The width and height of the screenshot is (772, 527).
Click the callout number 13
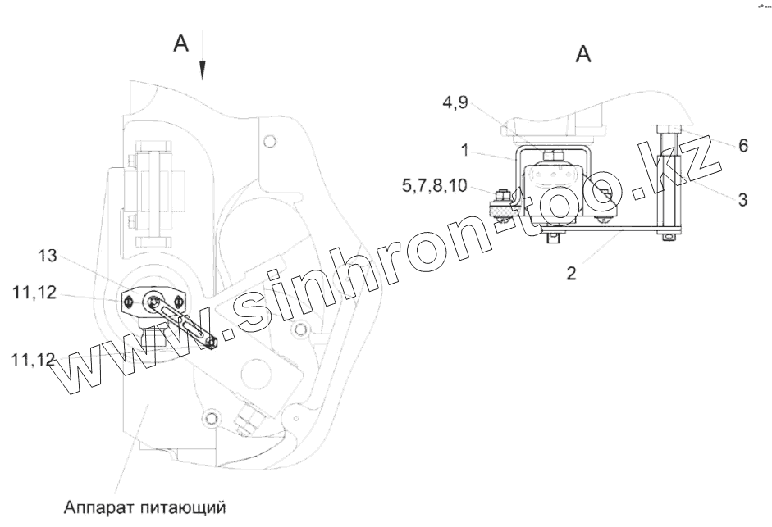[48, 256]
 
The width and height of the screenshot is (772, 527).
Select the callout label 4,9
[455, 103]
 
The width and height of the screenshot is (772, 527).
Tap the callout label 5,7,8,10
[434, 185]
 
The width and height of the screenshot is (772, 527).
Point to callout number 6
[743, 146]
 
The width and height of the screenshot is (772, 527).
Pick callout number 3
[743, 200]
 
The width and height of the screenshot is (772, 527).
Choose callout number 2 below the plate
[571, 273]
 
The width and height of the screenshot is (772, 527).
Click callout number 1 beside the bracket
[465, 151]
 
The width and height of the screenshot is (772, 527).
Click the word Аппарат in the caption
[98, 507]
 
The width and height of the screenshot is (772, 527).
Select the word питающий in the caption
[183, 507]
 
